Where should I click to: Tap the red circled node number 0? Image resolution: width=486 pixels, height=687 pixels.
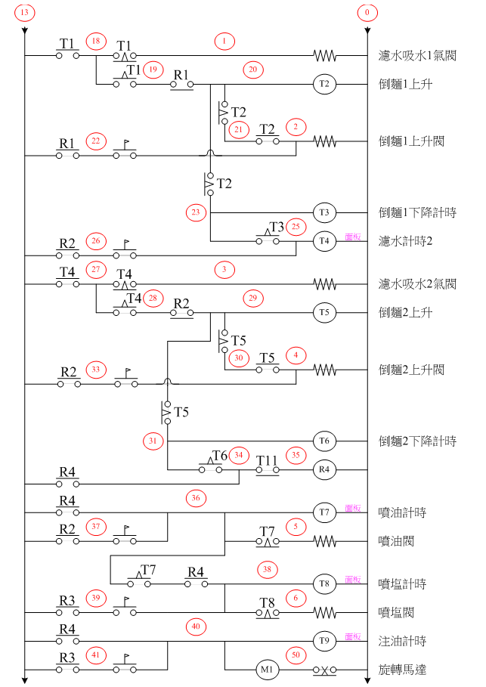[367, 13]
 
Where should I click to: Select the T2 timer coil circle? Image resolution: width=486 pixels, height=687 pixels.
[325, 84]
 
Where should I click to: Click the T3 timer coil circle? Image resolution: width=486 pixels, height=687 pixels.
[325, 212]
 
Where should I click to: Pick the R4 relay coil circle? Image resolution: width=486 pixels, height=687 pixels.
[325, 469]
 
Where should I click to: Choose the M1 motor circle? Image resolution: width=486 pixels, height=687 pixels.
[266, 670]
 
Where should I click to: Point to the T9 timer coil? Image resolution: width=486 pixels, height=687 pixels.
[325, 642]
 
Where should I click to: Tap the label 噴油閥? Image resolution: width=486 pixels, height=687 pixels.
[397, 542]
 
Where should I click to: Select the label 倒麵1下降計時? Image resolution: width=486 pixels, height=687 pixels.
[416, 212]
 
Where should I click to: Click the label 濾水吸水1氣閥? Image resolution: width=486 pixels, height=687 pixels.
[416, 56]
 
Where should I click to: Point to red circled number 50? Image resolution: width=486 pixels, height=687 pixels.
[296, 655]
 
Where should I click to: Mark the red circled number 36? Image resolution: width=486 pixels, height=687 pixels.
[196, 498]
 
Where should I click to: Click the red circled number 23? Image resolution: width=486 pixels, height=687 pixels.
[196, 212]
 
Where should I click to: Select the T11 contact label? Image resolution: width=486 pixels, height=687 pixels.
[268, 460]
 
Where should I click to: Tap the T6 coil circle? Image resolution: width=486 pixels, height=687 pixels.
[325, 441]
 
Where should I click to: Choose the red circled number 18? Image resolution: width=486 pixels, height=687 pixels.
[95, 42]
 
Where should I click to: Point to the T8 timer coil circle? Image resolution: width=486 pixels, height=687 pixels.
[325, 584]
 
